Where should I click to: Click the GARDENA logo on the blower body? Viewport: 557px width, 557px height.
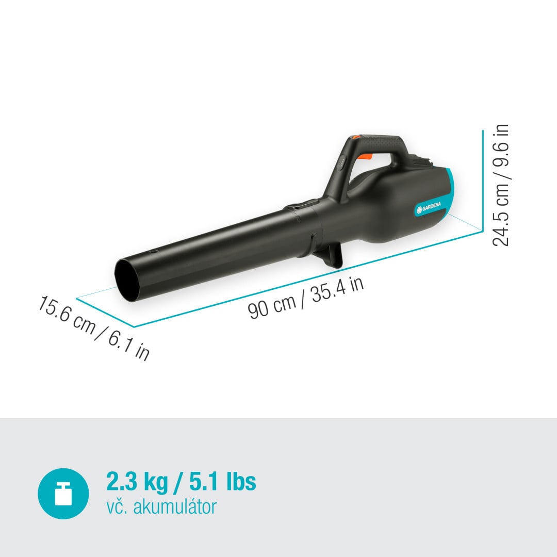pos(429,207)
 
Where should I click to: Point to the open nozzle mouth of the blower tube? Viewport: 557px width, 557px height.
pos(127,280)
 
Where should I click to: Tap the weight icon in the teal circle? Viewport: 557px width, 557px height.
pos(63,494)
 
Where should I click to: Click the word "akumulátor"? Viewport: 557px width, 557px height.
pos(175,507)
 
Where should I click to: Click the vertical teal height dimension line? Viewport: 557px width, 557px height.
pos(482,181)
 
